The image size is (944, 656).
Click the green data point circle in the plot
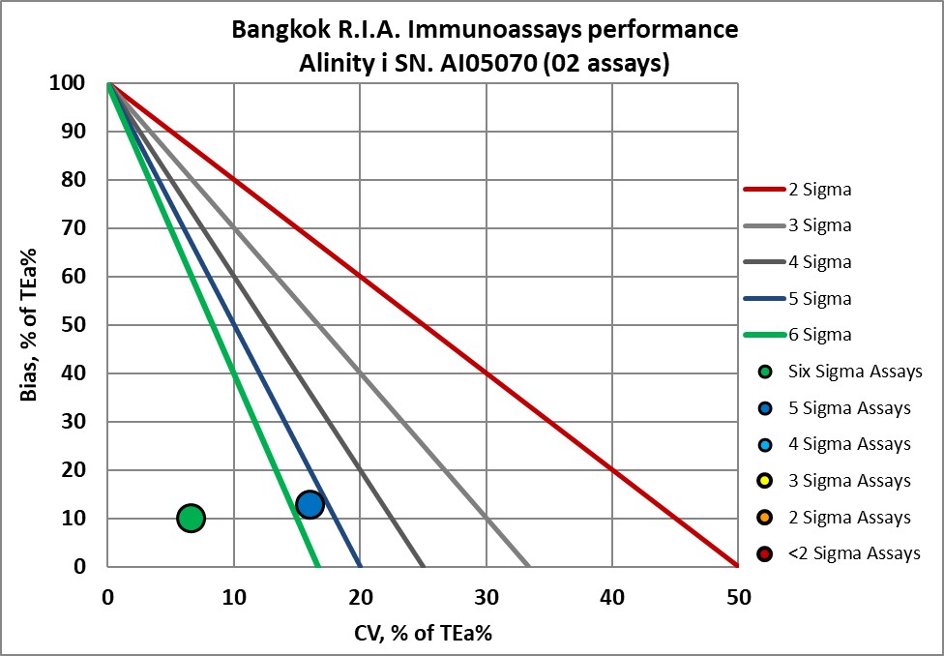192,519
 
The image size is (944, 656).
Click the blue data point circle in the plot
310,504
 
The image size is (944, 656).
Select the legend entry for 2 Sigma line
797,190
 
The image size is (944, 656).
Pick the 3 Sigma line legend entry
797,225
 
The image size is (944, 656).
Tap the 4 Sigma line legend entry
797,262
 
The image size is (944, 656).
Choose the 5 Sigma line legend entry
797,298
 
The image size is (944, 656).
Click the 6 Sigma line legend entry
797,335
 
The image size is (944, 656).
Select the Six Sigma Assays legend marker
766,372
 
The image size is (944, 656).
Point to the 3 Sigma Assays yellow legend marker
766,481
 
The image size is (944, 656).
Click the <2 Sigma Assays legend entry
838,553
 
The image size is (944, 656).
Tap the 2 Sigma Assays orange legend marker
766,518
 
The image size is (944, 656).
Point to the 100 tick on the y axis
78,83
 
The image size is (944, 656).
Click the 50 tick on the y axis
83,325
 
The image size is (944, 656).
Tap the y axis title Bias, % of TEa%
31,325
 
